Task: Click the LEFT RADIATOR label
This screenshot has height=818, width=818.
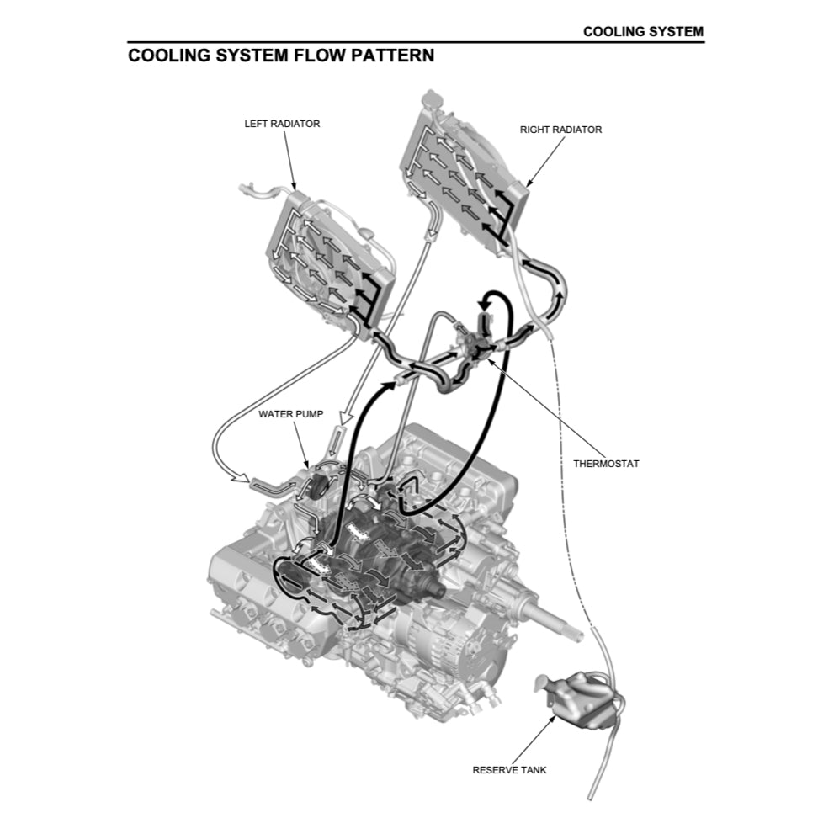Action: (282, 124)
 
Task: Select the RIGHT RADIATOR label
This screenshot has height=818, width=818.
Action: (560, 130)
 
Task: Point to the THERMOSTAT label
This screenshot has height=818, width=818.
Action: (606, 464)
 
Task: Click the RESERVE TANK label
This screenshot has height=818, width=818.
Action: (509, 769)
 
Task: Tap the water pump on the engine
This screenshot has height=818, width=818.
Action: (318, 489)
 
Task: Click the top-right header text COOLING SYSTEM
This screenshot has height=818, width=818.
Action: (643, 32)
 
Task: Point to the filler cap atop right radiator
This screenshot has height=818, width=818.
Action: (431, 98)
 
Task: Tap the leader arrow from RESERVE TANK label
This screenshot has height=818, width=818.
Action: (531, 740)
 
